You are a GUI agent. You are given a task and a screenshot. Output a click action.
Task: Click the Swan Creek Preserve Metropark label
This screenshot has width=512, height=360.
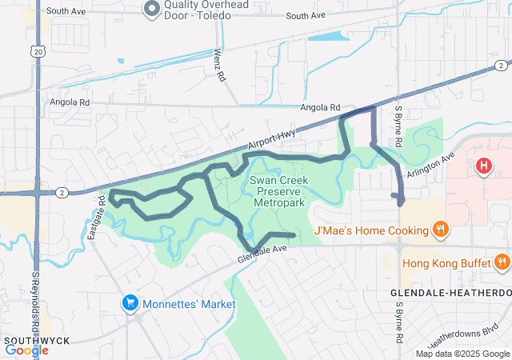coord(277,193)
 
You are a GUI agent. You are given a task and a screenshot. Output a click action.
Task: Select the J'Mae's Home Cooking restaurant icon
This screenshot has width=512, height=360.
coord(440,231)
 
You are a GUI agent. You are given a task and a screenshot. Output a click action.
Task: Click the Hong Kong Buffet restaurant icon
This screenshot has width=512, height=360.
coord(502,262)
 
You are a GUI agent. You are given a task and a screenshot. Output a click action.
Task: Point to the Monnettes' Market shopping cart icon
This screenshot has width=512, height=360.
coord(130,303)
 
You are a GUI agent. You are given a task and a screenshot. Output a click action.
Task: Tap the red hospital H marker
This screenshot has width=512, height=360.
coord(483,166)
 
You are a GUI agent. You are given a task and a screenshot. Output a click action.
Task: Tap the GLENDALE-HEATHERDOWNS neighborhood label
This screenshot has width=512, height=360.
coord(450,294)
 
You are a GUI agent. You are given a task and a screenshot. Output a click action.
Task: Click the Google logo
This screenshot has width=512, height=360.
coord(26,350)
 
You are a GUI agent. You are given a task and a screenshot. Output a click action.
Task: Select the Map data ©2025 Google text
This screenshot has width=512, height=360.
coord(462,354)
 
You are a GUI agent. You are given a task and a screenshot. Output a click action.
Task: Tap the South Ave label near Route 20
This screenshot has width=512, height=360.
coord(66,11)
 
